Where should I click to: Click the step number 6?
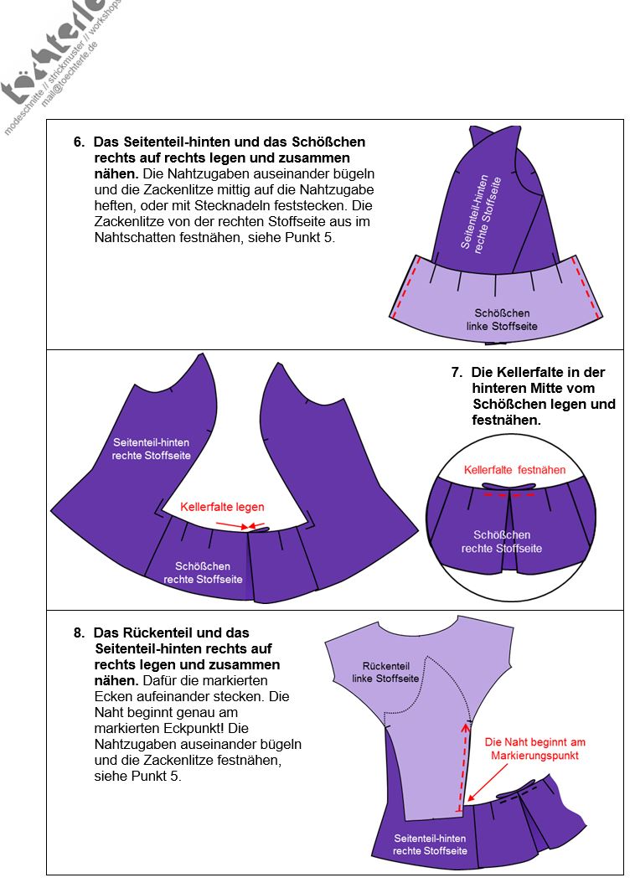tap(79, 142)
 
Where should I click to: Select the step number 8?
tap(79, 633)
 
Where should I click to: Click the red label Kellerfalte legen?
tap(222, 507)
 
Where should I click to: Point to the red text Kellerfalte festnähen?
tap(514, 470)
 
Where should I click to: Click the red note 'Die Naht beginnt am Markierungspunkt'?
tap(536, 748)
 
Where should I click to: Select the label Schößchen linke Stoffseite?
tap(502, 319)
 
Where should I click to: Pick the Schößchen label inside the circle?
tap(502, 541)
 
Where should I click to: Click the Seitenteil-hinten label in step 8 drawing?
tap(430, 844)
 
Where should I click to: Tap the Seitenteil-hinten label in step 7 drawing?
tap(151, 449)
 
